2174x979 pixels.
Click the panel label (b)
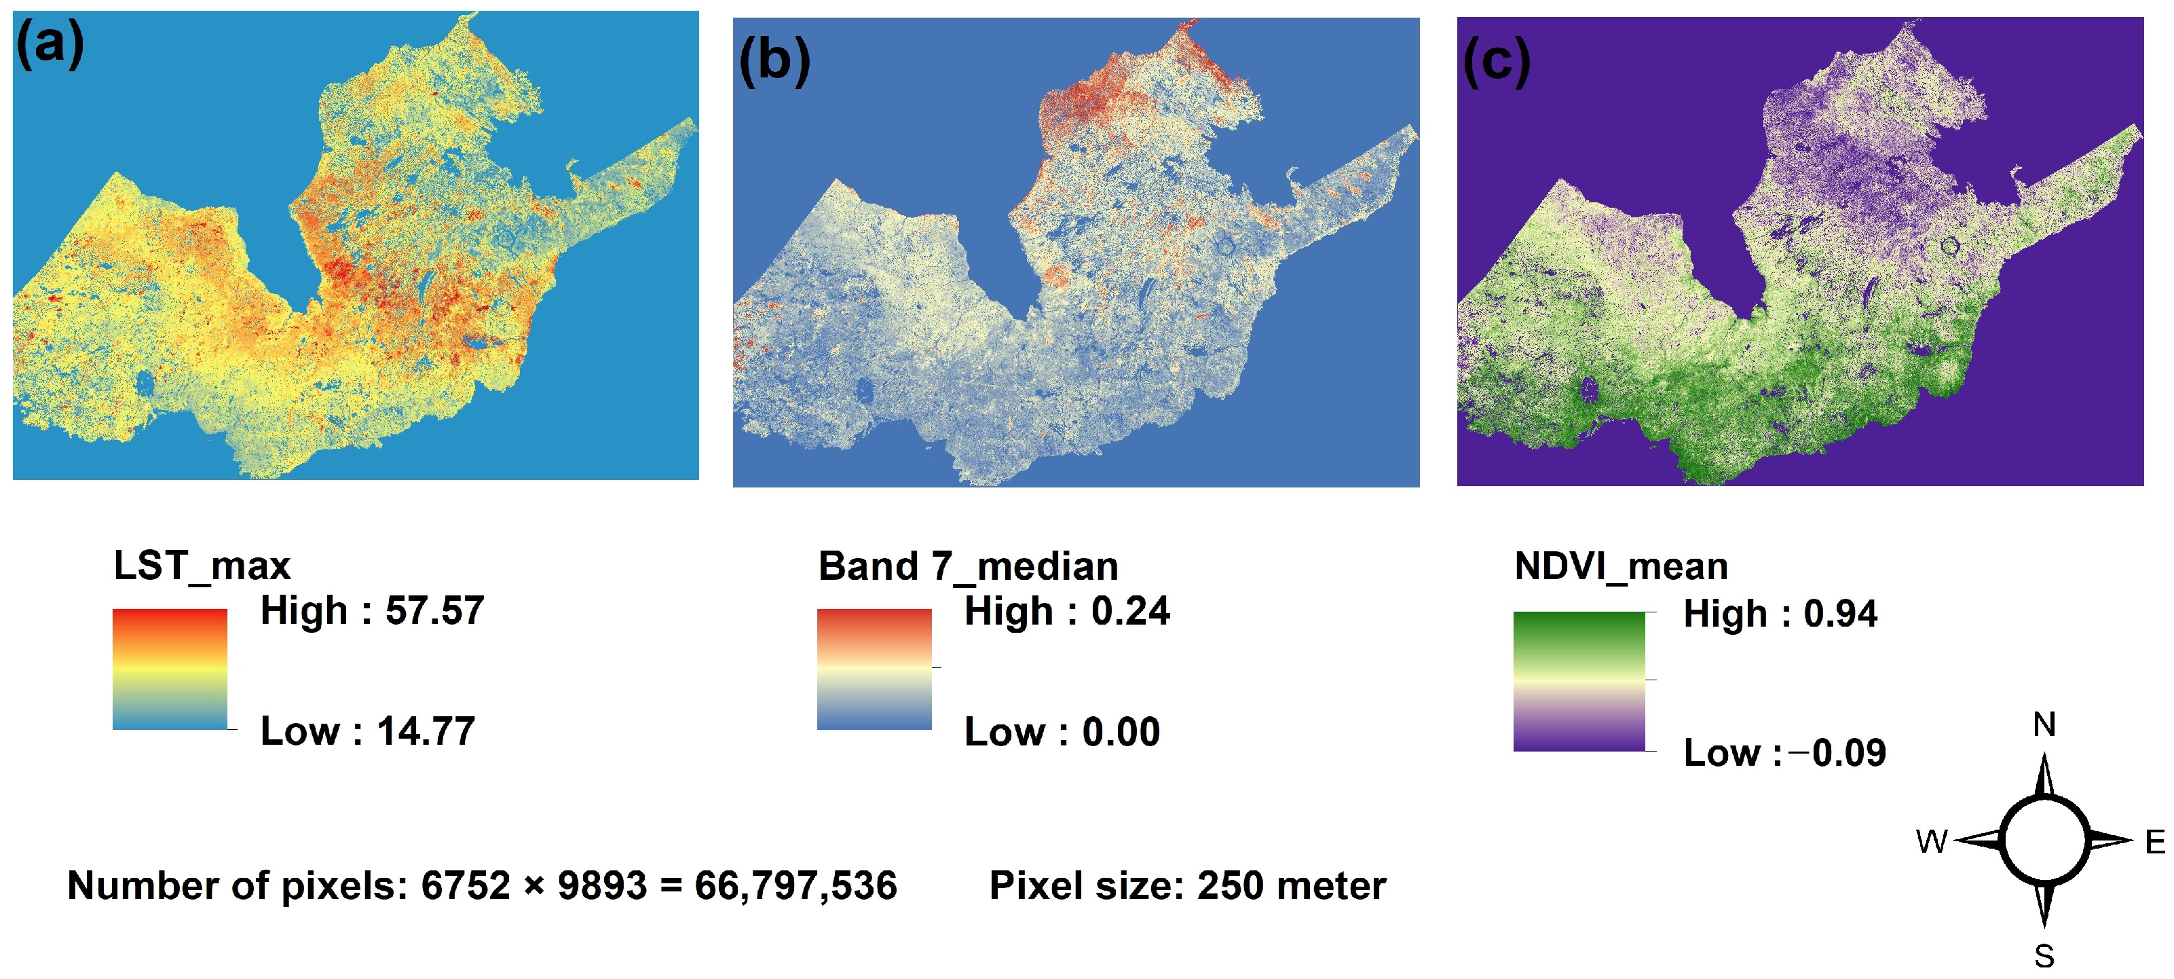point(774,61)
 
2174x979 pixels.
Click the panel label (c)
point(1495,61)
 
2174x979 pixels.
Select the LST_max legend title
point(202,566)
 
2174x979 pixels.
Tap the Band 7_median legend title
point(968,566)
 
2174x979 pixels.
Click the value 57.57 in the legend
point(434,610)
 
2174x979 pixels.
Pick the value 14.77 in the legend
point(426,731)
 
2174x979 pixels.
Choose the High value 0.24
point(1130,611)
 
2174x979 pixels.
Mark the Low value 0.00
point(1121,732)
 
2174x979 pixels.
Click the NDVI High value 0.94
point(1840,614)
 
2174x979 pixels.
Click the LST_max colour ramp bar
point(170,669)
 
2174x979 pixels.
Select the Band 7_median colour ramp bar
point(874,669)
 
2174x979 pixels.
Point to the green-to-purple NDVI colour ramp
point(1578,681)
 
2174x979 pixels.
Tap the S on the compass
point(2043,956)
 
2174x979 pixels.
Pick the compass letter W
point(1931,841)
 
